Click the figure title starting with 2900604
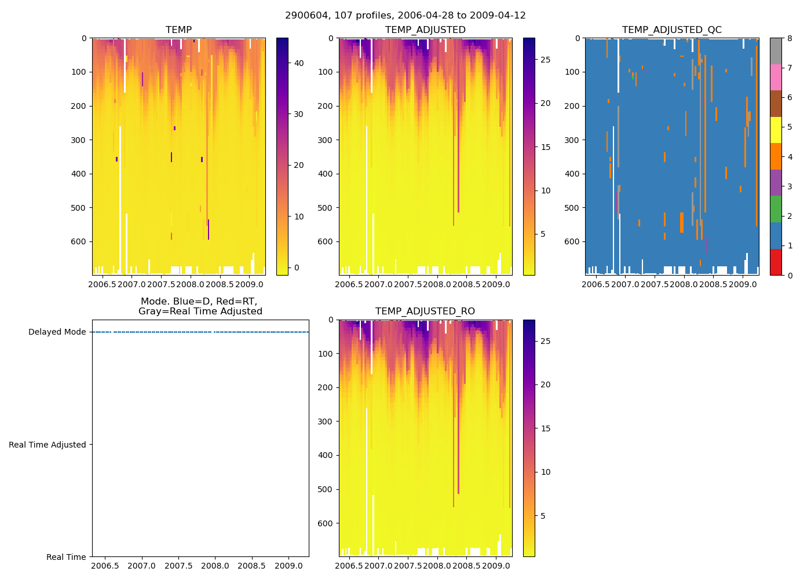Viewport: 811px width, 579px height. [x=405, y=16]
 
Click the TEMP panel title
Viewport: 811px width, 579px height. [x=178, y=30]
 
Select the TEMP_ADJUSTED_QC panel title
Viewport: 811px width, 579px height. [x=671, y=30]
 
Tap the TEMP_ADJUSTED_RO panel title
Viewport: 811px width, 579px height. [x=425, y=312]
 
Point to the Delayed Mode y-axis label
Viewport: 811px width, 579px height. [x=57, y=332]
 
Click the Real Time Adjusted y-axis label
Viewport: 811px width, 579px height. [x=47, y=445]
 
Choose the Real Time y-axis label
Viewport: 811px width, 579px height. [x=66, y=557]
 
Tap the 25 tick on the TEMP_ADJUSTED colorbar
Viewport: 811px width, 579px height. [x=545, y=60]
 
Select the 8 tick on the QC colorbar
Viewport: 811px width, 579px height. [x=789, y=38]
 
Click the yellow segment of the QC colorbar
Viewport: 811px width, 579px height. [x=775, y=130]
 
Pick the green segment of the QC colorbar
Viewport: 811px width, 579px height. [x=775, y=209]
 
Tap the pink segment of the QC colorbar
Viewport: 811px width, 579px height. [x=775, y=77]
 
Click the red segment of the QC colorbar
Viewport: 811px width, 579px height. [x=775, y=262]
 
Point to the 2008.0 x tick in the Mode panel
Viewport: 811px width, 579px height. [x=215, y=566]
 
